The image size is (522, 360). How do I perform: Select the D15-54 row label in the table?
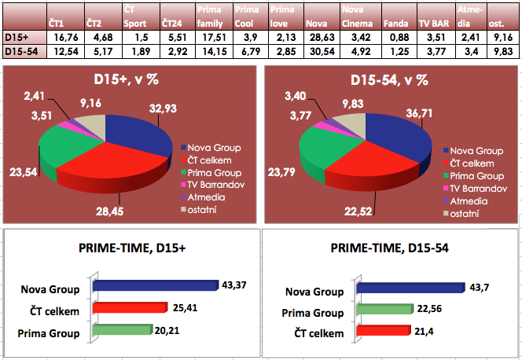coord(20,51)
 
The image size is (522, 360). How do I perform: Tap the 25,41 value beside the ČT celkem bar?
coord(186,306)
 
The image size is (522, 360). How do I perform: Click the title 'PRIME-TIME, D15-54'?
coord(390,249)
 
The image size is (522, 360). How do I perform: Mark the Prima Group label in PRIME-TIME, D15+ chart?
coord(49,332)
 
